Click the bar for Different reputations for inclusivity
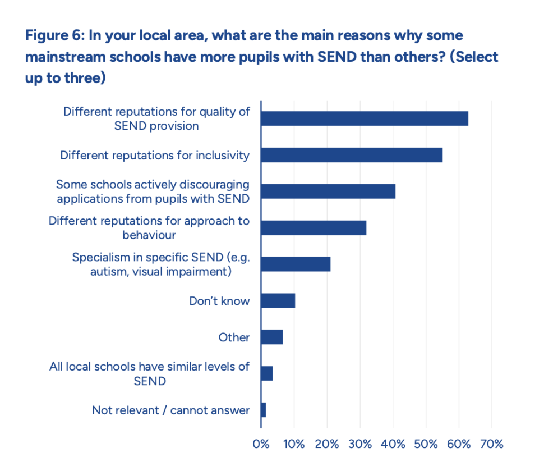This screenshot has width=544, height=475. [x=352, y=155]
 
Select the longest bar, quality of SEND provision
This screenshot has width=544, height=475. [x=365, y=118]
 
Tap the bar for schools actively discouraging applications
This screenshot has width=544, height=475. [x=328, y=191]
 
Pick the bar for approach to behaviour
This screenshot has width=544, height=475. [x=314, y=227]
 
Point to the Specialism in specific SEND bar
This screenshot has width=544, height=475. [x=296, y=264]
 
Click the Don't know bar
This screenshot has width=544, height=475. [x=278, y=301]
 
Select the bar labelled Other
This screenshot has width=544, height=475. [x=272, y=337]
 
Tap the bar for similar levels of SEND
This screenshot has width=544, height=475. [x=267, y=373]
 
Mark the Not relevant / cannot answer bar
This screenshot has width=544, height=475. [x=264, y=410]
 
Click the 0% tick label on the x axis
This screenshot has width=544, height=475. [x=261, y=444]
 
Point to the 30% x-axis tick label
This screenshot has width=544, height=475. [x=360, y=444]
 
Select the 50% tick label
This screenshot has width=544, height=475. [x=426, y=444]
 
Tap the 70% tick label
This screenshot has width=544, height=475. [x=492, y=444]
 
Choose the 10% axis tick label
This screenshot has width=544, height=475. [x=294, y=444]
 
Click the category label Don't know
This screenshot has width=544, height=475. [x=219, y=301]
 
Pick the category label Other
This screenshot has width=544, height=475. [x=234, y=337]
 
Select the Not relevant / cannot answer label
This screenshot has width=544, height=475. [x=170, y=410]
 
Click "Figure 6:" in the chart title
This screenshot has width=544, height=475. [x=54, y=35]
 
